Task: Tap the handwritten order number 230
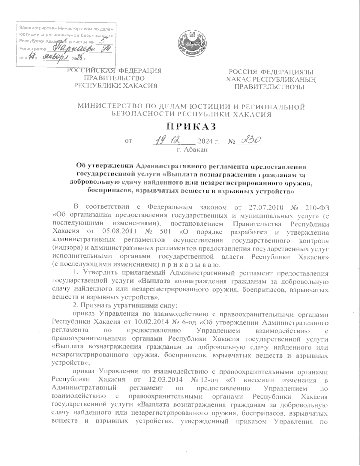248,140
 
